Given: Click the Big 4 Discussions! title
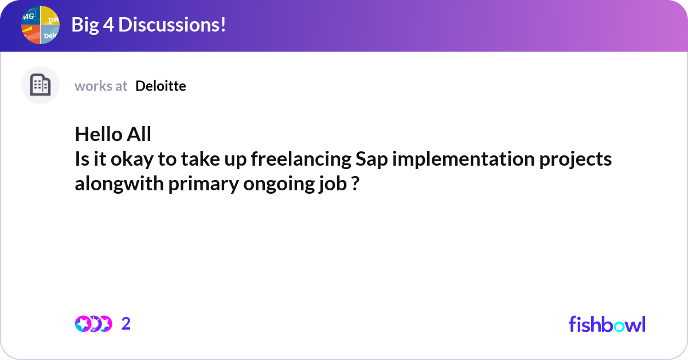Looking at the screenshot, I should click(x=148, y=25).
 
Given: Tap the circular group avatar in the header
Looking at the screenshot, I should click(x=41, y=25).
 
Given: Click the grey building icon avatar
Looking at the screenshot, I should click(x=40, y=85).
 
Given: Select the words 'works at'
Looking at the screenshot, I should click(x=101, y=86).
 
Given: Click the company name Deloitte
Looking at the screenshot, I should click(x=161, y=86).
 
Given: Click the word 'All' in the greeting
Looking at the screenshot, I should click(x=140, y=134).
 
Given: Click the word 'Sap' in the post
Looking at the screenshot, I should click(x=372, y=159).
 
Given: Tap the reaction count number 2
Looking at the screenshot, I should click(x=126, y=324).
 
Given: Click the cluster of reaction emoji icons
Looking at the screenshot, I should click(x=93, y=324).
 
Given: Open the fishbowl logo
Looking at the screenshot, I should click(x=607, y=324).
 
